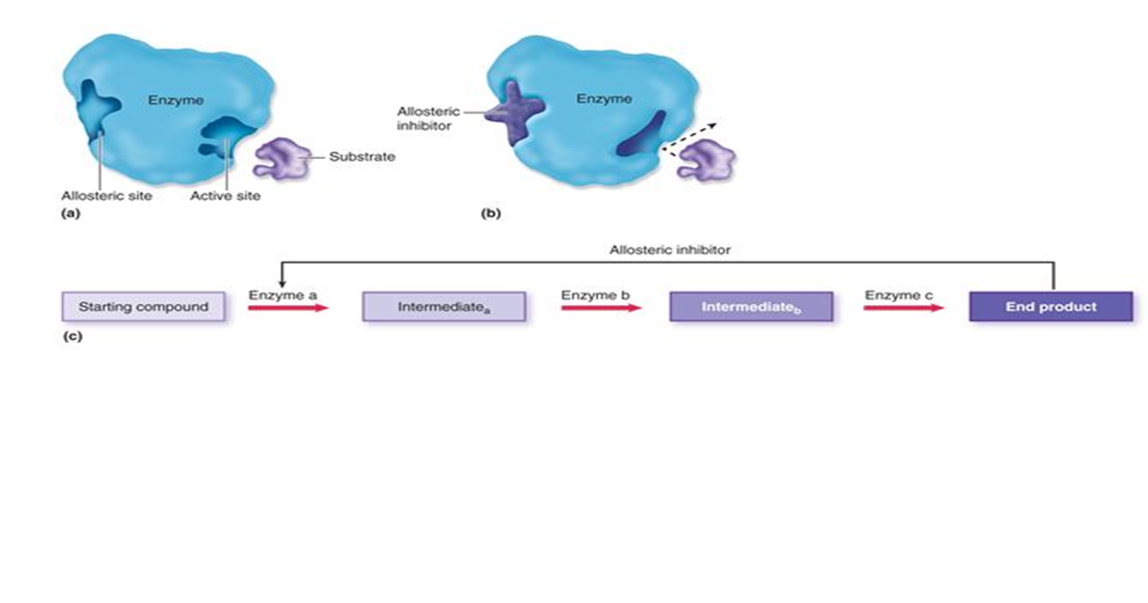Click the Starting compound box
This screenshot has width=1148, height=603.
pos(143,307)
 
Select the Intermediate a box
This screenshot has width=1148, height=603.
pos(443,307)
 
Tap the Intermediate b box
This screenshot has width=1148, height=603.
pos(751,307)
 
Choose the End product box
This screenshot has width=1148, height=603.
pos(1051,307)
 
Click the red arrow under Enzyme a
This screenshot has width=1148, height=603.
pos(288,308)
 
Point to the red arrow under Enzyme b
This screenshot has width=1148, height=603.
pos(601,308)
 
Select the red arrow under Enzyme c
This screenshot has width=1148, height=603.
pos(904,308)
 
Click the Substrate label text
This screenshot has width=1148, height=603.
pos(362,157)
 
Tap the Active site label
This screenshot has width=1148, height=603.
pos(225,196)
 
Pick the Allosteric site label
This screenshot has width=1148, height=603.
pos(106,196)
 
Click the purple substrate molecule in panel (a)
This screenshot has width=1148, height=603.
pos(281,158)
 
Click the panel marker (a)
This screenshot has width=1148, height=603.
pos(70,214)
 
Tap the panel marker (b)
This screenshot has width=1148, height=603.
pos(490,214)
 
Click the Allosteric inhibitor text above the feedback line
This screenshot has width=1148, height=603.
pos(670,249)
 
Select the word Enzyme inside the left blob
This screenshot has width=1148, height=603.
pos(176,99)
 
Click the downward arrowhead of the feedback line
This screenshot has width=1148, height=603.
pos(282,283)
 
